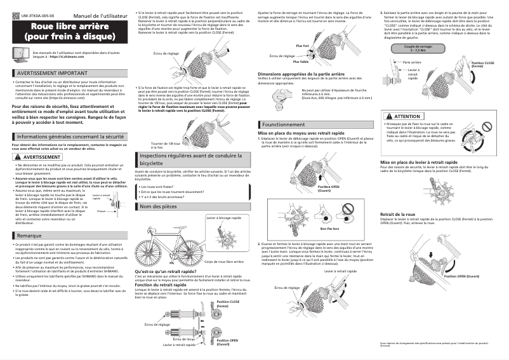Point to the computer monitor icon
pos(20,55)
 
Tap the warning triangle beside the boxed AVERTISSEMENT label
pos(17,156)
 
